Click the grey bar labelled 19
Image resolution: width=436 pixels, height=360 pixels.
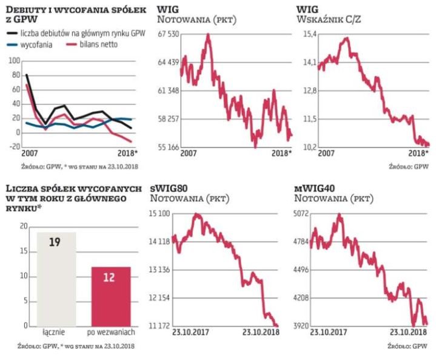57,279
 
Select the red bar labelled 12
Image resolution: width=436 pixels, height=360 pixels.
111,296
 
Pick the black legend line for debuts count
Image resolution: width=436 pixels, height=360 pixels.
12,35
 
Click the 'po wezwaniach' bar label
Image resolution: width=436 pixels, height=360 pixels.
112,333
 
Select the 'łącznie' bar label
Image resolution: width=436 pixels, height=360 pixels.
57,333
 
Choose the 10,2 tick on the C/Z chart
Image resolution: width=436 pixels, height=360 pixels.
310,146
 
